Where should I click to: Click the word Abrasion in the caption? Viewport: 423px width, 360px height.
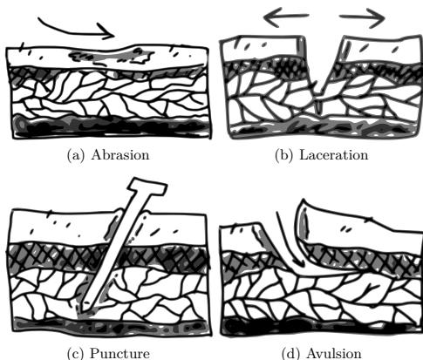pyautogui.click(x=120, y=155)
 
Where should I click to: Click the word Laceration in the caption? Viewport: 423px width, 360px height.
pyautogui.click(x=334, y=155)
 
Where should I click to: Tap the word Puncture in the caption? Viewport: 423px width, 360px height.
pyautogui.click(x=120, y=354)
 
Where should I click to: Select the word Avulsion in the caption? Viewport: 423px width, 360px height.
pyautogui.click(x=334, y=354)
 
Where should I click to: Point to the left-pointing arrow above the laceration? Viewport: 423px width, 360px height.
pyautogui.click(x=286, y=17)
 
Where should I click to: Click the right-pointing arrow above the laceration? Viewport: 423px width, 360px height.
pyautogui.click(x=363, y=18)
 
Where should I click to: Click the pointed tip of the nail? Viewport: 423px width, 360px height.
pyautogui.click(x=81, y=313)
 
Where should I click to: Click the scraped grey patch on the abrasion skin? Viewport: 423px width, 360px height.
pyautogui.click(x=111, y=57)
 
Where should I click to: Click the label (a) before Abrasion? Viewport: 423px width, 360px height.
pyautogui.click(x=76, y=155)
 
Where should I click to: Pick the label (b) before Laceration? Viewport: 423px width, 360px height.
pyautogui.click(x=283, y=155)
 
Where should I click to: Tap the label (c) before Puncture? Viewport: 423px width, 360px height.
pyautogui.click(x=75, y=354)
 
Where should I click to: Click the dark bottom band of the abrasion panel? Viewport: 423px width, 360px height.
pyautogui.click(x=112, y=126)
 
